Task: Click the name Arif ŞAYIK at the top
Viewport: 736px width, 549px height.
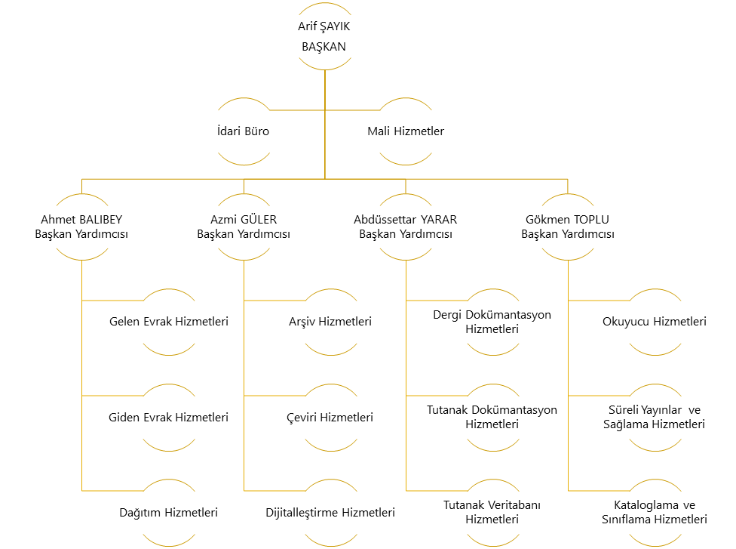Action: click(324, 26)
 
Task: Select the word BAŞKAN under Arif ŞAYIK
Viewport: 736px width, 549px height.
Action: click(324, 46)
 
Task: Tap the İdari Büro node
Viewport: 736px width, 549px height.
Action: click(243, 131)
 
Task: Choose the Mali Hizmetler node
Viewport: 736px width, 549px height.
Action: click(406, 131)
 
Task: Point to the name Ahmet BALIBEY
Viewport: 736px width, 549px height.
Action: click(81, 220)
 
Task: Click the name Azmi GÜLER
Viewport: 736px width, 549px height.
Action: click(244, 220)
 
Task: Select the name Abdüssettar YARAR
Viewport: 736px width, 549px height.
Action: click(406, 220)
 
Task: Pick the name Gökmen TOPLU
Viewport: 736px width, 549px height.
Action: click(568, 220)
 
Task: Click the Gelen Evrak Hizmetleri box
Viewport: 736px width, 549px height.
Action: click(169, 322)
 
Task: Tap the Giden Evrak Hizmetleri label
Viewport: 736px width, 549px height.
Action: click(169, 417)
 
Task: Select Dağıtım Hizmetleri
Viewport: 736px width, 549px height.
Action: click(169, 512)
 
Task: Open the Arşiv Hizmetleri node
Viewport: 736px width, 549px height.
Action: click(330, 322)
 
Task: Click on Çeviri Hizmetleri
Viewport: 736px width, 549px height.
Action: click(330, 417)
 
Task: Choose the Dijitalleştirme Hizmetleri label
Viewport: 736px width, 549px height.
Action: click(330, 512)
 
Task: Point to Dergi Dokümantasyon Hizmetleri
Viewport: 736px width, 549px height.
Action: click(492, 322)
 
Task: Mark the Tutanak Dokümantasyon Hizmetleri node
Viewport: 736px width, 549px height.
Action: click(492, 417)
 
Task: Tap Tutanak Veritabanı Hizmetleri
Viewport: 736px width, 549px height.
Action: click(492, 512)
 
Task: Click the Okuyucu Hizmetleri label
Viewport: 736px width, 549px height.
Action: click(655, 322)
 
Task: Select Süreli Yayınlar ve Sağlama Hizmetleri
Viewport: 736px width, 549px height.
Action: click(655, 417)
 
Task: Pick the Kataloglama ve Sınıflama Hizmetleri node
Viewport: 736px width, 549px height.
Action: click(655, 512)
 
